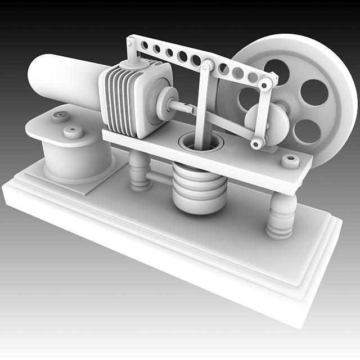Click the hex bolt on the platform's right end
click(x=290, y=162)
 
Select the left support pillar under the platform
click(x=138, y=171)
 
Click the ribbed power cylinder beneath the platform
click(x=200, y=186)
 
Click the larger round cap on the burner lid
click(x=73, y=132)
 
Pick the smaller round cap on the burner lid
click(x=60, y=116)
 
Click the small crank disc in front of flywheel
click(x=267, y=124)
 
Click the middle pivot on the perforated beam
click(x=206, y=65)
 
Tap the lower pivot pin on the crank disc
click(x=258, y=143)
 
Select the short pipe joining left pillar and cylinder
click(x=160, y=178)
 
